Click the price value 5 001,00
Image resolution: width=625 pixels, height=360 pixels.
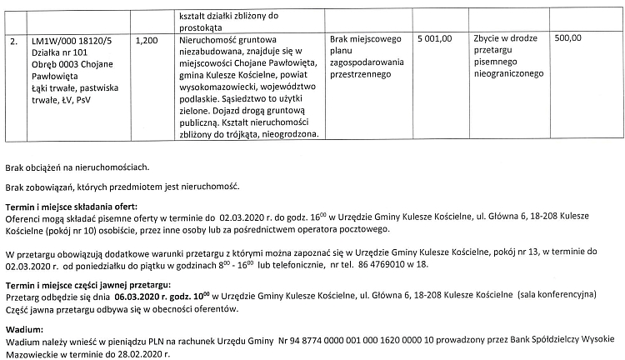[x=434, y=39]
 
